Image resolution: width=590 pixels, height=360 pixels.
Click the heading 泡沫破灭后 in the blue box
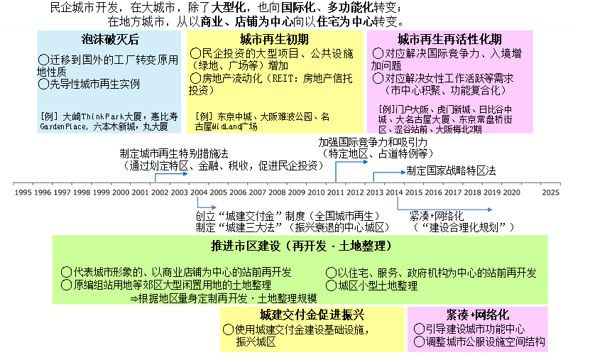pos(108,40)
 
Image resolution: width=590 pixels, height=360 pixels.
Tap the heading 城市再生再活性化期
pos(449,40)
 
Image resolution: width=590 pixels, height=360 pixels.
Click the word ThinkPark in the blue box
pos(108,115)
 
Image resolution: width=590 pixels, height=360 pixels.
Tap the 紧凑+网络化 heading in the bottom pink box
pos(477,315)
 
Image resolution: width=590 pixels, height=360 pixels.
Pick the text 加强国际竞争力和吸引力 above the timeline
pos(377,142)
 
